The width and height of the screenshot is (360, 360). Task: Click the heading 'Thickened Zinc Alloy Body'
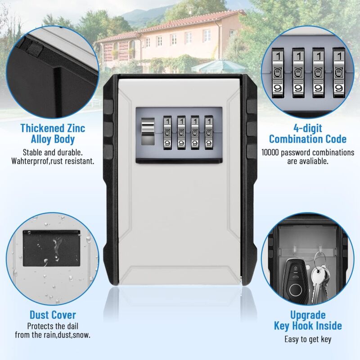pos(53,134)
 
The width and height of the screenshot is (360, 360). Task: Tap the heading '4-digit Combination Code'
pos(307,134)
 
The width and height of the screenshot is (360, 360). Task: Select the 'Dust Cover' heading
pos(53,315)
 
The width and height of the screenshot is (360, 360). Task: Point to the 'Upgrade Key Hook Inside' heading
pos(308,320)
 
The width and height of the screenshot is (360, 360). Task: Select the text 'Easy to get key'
pos(308,339)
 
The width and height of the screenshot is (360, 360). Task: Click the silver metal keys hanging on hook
pos(319,281)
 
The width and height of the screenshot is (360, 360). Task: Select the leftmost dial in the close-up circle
pos(278,72)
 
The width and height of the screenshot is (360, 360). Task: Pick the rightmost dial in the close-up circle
pos(338,72)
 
